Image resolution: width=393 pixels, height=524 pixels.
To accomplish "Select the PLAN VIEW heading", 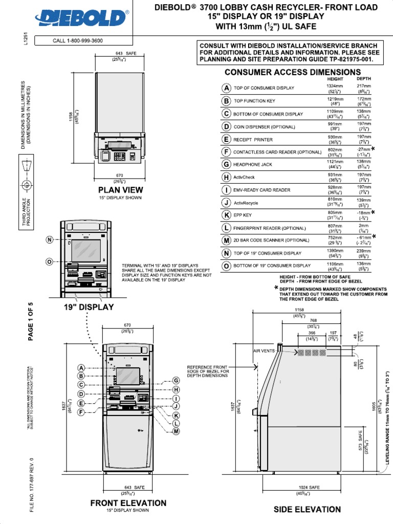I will coord(121,190).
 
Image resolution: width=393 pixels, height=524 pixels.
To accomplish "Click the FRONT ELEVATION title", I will coord(128,503).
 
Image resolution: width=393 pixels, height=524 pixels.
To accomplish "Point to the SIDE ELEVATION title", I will coord(307,509).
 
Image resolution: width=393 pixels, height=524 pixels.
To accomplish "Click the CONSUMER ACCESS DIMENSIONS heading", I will coord(292,72).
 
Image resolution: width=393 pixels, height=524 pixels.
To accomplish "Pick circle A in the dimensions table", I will coord(226,88).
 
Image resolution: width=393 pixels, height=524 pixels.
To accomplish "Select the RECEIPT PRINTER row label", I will coord(253,139).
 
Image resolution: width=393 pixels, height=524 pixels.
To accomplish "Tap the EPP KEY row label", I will coord(244,215).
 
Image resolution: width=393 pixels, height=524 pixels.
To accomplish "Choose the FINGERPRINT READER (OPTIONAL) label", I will coord(269,228).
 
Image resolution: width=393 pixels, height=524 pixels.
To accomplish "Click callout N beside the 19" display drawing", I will coord(49,240).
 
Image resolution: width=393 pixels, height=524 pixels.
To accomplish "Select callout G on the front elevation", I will coord(176,381).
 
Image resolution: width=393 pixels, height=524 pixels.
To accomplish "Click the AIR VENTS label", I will coord(264,351).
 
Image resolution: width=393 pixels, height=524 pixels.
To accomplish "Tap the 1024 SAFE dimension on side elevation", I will coord(309,487).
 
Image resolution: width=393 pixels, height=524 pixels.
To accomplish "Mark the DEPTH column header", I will coord(363,79).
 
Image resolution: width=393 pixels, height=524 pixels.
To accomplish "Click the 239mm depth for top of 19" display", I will coord(364,251).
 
